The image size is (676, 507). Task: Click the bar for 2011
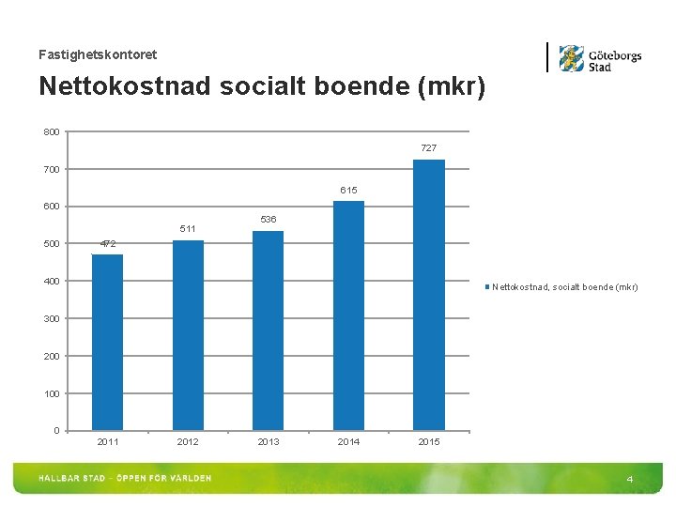[x=108, y=342]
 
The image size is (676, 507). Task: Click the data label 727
[x=428, y=148]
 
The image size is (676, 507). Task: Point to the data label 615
[x=348, y=191]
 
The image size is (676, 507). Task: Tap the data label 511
[x=188, y=229]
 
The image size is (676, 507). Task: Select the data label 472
[x=108, y=244]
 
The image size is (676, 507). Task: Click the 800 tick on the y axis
[x=51, y=131]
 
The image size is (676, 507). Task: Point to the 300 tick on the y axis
[x=51, y=318]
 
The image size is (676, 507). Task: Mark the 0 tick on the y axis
[x=56, y=431]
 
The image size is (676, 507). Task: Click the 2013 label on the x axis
[x=268, y=442]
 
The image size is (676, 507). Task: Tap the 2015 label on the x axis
[x=428, y=442]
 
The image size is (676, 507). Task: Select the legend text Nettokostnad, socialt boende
[x=565, y=287]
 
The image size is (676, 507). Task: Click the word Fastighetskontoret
[x=98, y=55]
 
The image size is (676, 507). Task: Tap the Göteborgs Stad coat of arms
[x=571, y=58]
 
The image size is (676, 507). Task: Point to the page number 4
[x=630, y=480]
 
